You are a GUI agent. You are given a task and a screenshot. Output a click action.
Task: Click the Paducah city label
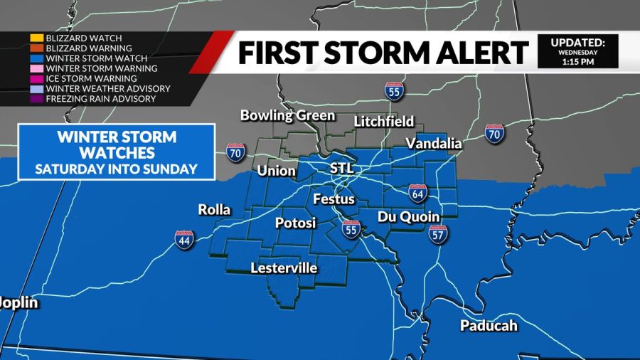pos(488,326)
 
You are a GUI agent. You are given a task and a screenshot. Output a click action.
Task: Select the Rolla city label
pos(214,210)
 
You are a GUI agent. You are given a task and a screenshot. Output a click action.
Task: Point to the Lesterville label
pos(284,268)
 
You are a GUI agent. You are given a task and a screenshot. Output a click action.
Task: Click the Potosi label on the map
pos(294,223)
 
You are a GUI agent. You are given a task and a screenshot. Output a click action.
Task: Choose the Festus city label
pos(334,200)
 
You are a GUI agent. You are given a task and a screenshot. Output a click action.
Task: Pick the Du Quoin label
pos(408,216)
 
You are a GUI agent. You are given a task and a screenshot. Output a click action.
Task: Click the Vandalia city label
pos(433,143)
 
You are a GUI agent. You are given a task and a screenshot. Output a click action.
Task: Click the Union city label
pos(276,171)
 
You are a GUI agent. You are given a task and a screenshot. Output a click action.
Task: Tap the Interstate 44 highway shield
pos(184,240)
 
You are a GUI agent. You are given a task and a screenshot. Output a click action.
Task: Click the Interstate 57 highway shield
pos(438,234)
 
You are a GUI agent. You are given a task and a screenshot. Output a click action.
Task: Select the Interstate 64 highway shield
pos(417,191)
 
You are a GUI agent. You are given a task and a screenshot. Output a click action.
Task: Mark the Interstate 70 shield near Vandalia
pos(495,133)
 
